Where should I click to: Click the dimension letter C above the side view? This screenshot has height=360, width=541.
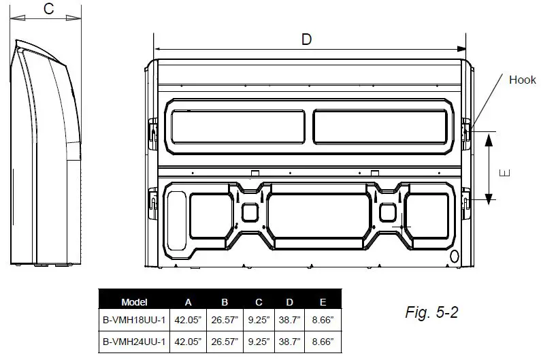pos(48,9)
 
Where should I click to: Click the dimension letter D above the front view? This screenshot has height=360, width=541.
pos(307,39)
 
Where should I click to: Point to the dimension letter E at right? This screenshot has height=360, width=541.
pos(504,173)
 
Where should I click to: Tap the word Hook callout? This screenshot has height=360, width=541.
pos(523,80)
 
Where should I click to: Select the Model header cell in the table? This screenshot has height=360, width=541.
pos(134,301)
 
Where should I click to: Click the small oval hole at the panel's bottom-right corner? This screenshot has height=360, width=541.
pos(455,256)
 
